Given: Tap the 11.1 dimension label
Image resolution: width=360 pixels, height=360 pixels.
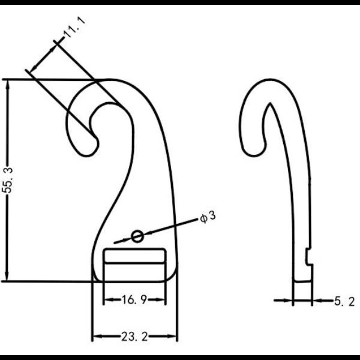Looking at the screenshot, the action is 74,28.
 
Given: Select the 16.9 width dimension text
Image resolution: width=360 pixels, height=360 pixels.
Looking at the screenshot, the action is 134,299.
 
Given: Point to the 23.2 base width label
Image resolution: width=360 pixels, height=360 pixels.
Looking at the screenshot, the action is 134,337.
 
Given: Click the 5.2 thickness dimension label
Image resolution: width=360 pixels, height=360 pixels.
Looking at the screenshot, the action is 344,301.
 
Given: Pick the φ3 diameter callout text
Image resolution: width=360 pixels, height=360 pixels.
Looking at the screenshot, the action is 208,217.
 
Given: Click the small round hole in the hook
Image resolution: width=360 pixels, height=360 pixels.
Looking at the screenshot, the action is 137,236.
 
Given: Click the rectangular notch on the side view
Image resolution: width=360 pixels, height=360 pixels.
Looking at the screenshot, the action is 308,257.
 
